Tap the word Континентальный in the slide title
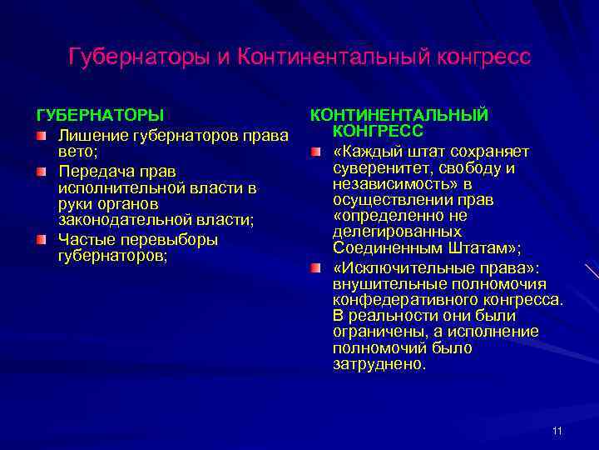(x=329, y=57)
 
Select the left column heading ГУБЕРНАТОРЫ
(x=99, y=114)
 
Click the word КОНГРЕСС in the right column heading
(x=378, y=131)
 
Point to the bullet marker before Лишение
(x=41, y=135)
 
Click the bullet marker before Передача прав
(x=41, y=172)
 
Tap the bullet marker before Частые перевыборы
(x=41, y=240)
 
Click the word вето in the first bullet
(x=74, y=152)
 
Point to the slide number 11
(x=557, y=430)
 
